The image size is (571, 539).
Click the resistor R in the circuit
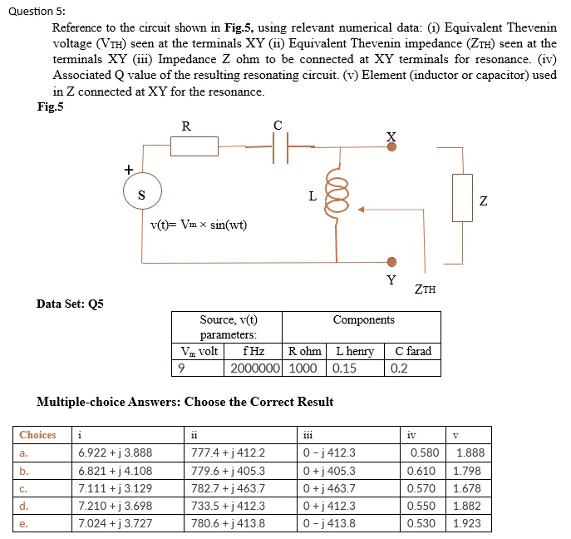pyautogui.click(x=194, y=146)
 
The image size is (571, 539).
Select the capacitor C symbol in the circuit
pyautogui.click(x=279, y=147)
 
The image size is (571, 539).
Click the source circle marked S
pyautogui.click(x=142, y=195)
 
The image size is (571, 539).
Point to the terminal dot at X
pyautogui.click(x=392, y=147)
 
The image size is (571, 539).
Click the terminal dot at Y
pyautogui.click(x=392, y=261)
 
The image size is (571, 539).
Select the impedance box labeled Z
pyautogui.click(x=462, y=197)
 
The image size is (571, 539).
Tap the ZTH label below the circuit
pyautogui.click(x=425, y=289)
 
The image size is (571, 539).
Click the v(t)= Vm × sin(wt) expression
pyautogui.click(x=199, y=225)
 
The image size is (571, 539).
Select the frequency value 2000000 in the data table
pyautogui.click(x=254, y=367)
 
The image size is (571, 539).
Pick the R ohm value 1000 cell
pyautogui.click(x=303, y=367)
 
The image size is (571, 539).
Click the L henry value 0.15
pyautogui.click(x=343, y=367)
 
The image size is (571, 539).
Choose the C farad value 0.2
pyautogui.click(x=400, y=367)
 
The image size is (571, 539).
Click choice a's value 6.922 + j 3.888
pyautogui.click(x=116, y=452)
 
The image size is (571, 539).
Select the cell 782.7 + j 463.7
pyautogui.click(x=228, y=488)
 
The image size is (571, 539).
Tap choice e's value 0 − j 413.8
pyautogui.click(x=331, y=523)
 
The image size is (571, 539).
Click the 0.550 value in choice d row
pyautogui.click(x=424, y=506)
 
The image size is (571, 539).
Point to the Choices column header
pyautogui.click(x=38, y=434)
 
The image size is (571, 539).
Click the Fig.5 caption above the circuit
pyautogui.click(x=51, y=106)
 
